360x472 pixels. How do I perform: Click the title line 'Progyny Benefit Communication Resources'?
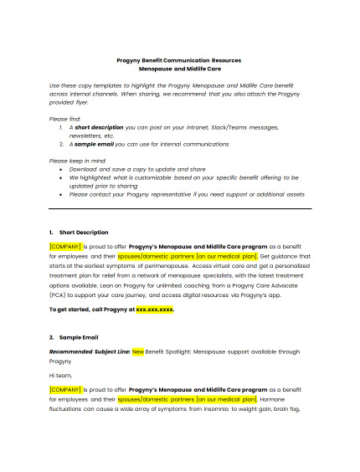(x=179, y=60)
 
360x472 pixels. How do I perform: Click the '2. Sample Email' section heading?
(x=76, y=336)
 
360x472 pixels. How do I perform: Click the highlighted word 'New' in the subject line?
(x=138, y=351)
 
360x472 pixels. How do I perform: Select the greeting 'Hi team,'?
(x=60, y=375)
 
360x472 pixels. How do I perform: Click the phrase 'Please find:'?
(x=65, y=119)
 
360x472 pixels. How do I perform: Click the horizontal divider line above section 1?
(x=179, y=208)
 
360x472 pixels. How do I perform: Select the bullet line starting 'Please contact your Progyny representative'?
(x=185, y=194)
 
